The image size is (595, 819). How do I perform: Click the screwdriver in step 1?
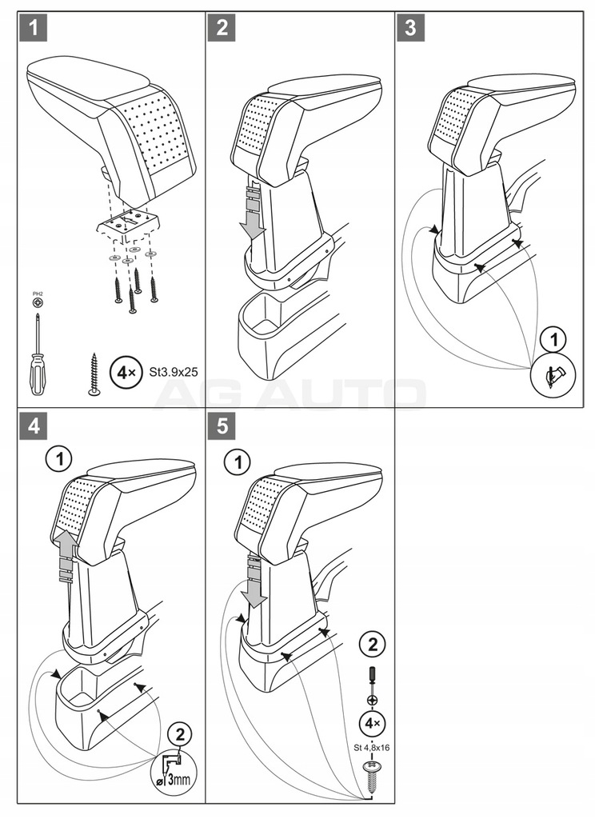point(38,349)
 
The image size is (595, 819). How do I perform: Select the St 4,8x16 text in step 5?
point(372,748)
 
